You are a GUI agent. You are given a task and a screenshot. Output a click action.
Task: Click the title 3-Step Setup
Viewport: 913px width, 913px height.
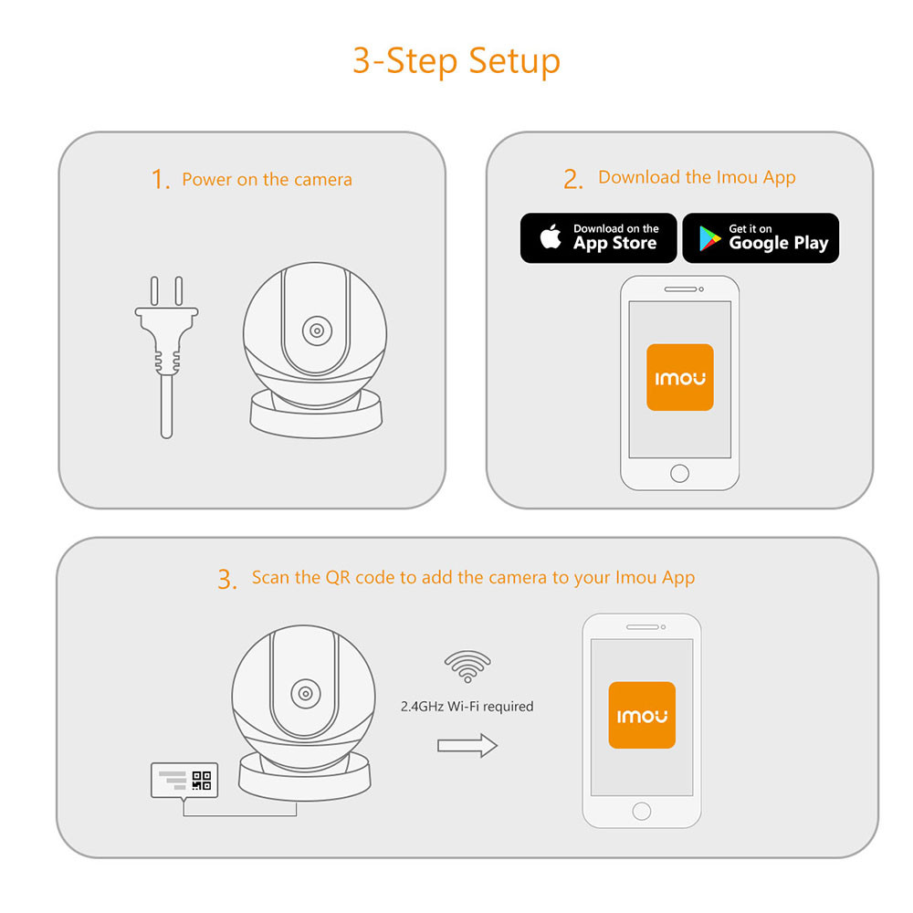(456, 62)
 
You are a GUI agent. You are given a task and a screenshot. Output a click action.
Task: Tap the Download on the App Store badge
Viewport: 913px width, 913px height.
(599, 238)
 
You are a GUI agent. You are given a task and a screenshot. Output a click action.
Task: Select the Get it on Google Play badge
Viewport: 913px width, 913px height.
(761, 238)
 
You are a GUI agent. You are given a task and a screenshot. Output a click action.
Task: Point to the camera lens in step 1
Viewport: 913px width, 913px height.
(316, 331)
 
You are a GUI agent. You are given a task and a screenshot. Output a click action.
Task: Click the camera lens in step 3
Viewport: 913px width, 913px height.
(305, 693)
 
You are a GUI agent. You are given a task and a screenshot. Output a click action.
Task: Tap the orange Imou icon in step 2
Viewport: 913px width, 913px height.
(679, 377)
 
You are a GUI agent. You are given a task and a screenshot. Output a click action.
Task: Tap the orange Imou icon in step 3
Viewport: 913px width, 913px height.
(642, 716)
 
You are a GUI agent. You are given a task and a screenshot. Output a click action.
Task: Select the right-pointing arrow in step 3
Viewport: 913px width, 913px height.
(467, 745)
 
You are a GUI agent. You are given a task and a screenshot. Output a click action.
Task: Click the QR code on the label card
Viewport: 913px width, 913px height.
(202, 781)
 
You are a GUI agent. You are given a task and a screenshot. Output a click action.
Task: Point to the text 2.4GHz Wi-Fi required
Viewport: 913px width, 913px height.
(467, 707)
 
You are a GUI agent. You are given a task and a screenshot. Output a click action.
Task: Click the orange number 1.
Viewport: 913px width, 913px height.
(161, 180)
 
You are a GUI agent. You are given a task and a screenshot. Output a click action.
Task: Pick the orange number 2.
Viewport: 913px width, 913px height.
(572, 180)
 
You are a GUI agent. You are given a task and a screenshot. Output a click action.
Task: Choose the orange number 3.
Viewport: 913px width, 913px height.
(226, 580)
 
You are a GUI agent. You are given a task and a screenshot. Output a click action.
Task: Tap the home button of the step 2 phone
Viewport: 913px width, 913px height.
(679, 473)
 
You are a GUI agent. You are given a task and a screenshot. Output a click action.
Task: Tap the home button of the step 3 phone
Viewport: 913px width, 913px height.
(642, 811)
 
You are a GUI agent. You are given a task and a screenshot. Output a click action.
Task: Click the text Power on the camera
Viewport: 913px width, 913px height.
(267, 180)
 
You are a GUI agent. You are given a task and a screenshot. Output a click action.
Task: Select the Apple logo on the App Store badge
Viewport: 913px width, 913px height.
(550, 238)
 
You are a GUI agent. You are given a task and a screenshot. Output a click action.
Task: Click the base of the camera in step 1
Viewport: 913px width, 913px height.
(316, 415)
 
